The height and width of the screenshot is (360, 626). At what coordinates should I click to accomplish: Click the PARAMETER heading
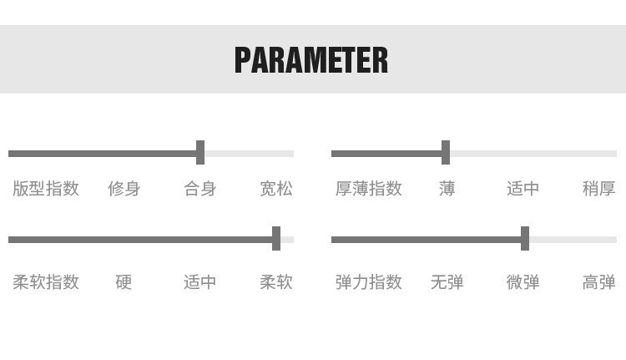[x=311, y=60]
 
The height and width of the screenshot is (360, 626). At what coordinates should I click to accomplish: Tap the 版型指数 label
[x=46, y=189]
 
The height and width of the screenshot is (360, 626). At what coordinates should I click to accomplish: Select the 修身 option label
[x=124, y=189]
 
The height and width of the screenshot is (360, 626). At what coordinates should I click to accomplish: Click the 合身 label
[x=200, y=189]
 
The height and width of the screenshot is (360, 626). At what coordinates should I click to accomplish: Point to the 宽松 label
[x=276, y=189]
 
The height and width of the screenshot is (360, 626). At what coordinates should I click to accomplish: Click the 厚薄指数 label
[x=369, y=189]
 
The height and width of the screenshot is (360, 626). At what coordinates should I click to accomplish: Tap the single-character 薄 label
[x=447, y=189]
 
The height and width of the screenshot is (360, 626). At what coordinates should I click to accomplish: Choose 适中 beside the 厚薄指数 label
[x=523, y=189]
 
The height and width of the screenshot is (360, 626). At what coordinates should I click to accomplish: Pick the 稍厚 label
[x=598, y=189]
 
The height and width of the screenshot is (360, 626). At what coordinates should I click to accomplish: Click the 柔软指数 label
[x=46, y=282]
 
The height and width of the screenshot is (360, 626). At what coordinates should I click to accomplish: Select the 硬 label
[x=124, y=282]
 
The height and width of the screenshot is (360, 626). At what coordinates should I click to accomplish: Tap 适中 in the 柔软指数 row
[x=200, y=282]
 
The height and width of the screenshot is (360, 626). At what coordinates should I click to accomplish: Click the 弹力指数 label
[x=369, y=282]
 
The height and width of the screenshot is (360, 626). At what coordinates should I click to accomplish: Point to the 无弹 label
[x=447, y=282]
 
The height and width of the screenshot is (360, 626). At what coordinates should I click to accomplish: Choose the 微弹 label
[x=523, y=282]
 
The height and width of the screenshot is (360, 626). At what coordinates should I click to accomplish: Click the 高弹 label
[x=598, y=282]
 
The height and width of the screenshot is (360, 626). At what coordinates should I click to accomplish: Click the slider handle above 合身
[x=200, y=153]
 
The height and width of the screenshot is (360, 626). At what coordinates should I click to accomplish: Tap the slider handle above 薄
[x=446, y=153]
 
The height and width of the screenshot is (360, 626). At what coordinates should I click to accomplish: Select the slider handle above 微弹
[x=525, y=239]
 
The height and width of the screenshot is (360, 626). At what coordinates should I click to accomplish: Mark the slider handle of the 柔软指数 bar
[x=276, y=239]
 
